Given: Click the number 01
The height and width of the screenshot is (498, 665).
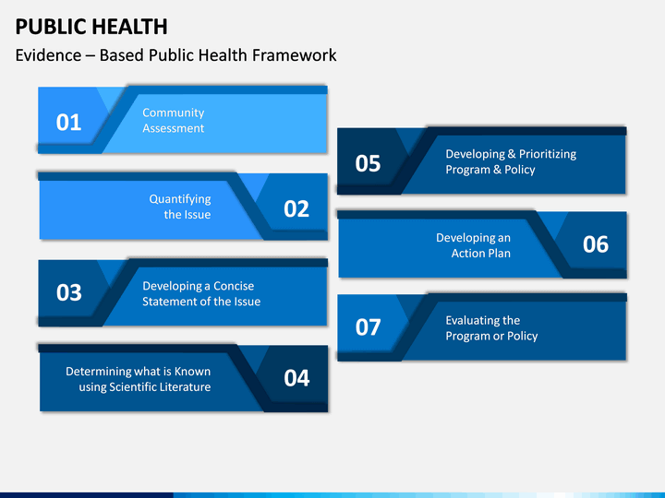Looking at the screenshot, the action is pyautogui.click(x=68, y=123).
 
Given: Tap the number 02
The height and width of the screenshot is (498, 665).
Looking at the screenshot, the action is pyautogui.click(x=296, y=208).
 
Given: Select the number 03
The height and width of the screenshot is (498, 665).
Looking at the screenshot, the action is pyautogui.click(x=68, y=292).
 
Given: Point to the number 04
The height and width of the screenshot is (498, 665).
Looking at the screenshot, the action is pyautogui.click(x=296, y=378).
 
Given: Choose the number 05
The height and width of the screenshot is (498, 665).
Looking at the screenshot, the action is pyautogui.click(x=368, y=163).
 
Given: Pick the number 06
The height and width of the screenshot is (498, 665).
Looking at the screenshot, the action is pyautogui.click(x=596, y=244).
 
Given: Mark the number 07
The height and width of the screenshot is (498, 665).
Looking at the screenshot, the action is pyautogui.click(x=368, y=327).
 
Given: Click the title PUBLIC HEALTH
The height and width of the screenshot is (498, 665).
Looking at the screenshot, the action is pyautogui.click(x=91, y=27).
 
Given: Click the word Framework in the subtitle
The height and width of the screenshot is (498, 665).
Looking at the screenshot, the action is pyautogui.click(x=294, y=55).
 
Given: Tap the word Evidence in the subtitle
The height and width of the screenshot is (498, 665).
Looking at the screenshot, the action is pyautogui.click(x=48, y=55).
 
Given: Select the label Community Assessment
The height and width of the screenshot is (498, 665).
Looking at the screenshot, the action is pyautogui.click(x=173, y=120).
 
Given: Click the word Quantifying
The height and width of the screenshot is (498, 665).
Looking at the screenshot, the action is pyautogui.click(x=180, y=199).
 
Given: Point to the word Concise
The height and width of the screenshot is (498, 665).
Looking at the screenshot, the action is pyautogui.click(x=234, y=286).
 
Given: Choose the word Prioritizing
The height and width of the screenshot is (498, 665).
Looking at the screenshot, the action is pyautogui.click(x=548, y=155).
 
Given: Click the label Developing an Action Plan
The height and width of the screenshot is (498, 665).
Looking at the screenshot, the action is pyautogui.click(x=473, y=245).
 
